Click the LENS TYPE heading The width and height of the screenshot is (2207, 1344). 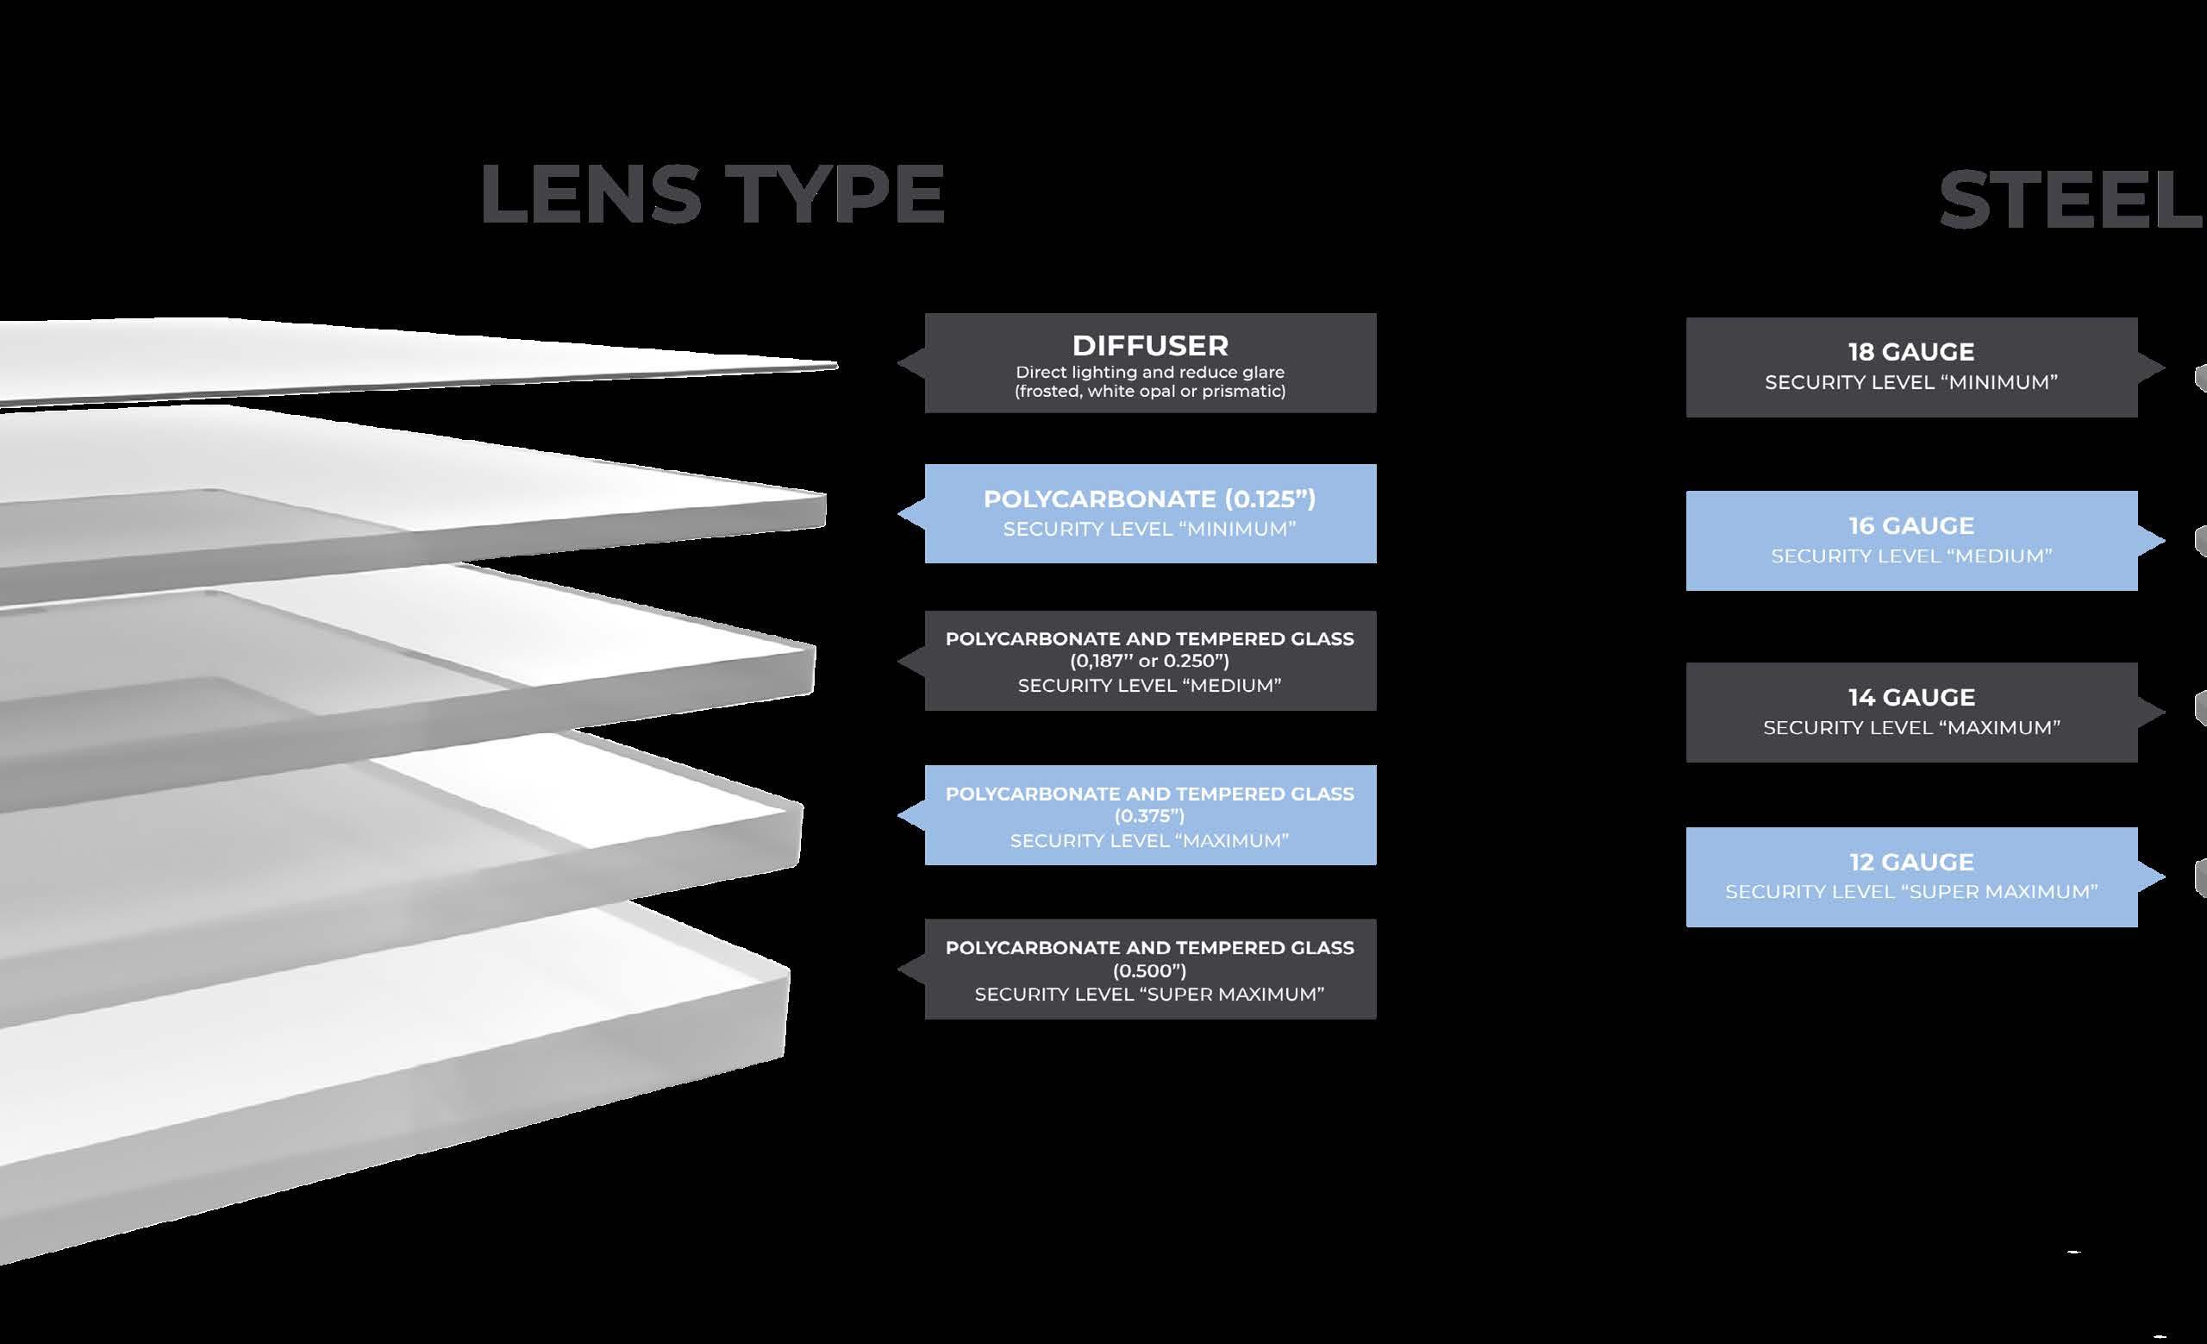(x=712, y=195)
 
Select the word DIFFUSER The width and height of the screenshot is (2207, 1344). (x=1150, y=346)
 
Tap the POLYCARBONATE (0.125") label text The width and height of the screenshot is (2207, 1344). (x=1150, y=499)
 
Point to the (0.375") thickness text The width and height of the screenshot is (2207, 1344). (x=1150, y=816)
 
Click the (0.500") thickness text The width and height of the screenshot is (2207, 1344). (x=1150, y=970)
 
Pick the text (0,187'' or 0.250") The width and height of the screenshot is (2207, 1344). (x=1150, y=662)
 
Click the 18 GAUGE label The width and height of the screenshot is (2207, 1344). (x=1911, y=352)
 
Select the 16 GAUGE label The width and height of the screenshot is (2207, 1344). (x=1911, y=526)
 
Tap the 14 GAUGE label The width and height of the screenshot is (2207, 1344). (x=1911, y=697)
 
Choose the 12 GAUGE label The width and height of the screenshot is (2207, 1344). (x=1911, y=862)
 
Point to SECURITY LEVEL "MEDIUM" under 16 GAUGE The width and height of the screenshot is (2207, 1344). (x=1911, y=556)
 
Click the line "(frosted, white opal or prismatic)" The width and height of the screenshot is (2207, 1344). (x=1150, y=392)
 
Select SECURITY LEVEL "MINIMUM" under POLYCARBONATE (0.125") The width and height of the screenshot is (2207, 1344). (x=1150, y=530)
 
